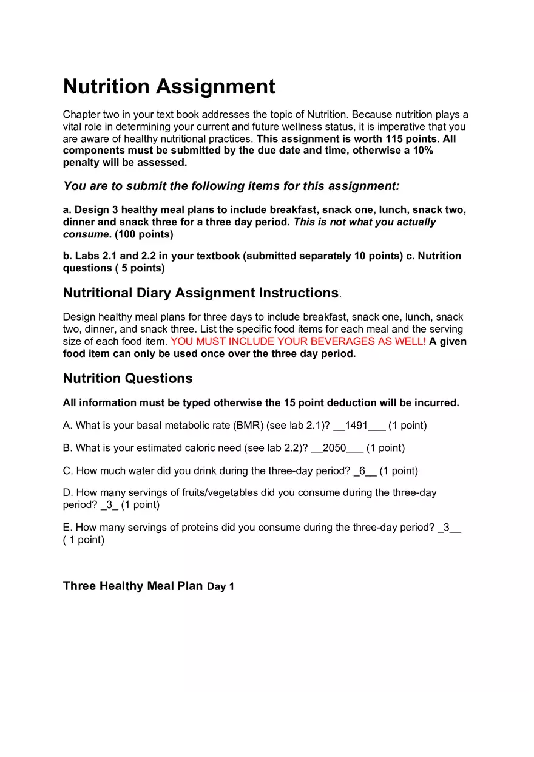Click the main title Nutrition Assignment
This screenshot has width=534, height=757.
[x=169, y=87]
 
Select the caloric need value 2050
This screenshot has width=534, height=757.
[x=334, y=448]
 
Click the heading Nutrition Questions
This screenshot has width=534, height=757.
[x=127, y=378]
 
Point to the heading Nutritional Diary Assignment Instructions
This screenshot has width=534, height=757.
[x=200, y=293]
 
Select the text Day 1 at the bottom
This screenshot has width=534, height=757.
[x=220, y=587]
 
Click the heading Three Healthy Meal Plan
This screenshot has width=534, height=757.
[x=132, y=586]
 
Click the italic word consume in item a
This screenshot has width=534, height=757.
[x=86, y=234]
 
